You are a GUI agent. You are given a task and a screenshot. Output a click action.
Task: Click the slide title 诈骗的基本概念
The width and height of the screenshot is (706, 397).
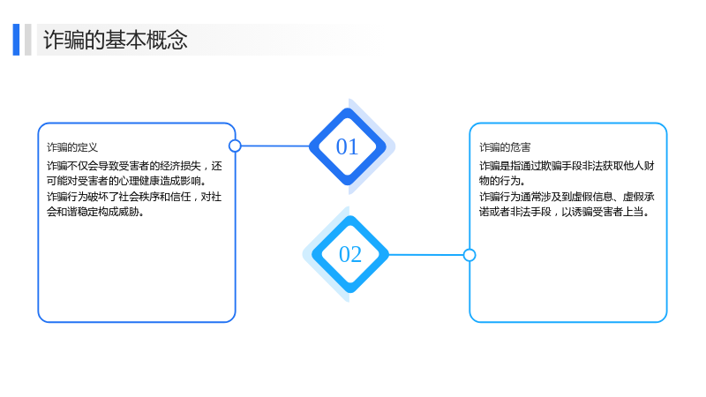pyautogui.click(x=116, y=40)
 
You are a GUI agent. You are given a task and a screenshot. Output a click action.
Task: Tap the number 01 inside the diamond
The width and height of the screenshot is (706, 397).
pyautogui.click(x=347, y=146)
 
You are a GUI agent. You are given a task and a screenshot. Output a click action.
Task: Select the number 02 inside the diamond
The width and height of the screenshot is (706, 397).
pyautogui.click(x=350, y=254)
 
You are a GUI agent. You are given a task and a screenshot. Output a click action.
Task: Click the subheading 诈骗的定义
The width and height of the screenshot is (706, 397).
pyautogui.click(x=72, y=147)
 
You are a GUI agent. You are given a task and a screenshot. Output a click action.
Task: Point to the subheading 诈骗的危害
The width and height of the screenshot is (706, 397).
pyautogui.click(x=505, y=147)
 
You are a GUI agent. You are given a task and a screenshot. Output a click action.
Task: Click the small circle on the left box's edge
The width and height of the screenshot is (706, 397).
pyautogui.click(x=235, y=146)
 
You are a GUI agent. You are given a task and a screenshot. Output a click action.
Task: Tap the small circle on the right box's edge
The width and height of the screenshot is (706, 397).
pyautogui.click(x=469, y=255)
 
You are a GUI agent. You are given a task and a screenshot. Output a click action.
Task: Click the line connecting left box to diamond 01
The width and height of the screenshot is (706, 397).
pyautogui.click(x=275, y=146)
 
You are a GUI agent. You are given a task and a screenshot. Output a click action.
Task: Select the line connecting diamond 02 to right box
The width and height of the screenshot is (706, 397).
pyautogui.click(x=426, y=255)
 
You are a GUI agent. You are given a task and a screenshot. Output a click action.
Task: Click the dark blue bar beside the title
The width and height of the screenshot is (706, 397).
pyautogui.click(x=16, y=40)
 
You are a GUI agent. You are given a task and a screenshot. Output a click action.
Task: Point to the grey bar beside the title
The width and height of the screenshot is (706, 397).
pyautogui.click(x=28, y=40)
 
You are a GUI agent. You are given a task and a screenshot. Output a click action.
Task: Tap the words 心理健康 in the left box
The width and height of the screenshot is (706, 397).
pyautogui.click(x=139, y=181)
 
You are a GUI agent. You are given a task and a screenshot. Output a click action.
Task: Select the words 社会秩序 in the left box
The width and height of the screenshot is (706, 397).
pyautogui.click(x=139, y=197)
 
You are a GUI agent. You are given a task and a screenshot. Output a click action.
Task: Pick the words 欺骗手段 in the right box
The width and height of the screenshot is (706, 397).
pyautogui.click(x=561, y=166)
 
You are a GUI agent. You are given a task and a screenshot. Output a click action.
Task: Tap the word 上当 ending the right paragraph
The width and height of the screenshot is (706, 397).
pyautogui.click(x=634, y=212)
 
